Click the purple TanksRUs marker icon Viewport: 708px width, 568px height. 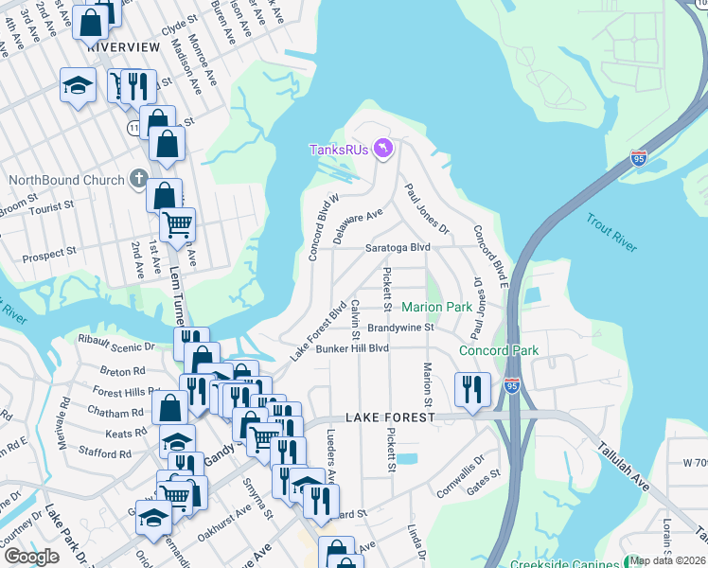coord(383,150)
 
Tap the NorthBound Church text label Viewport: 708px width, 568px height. coord(66,180)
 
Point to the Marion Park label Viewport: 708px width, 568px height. coord(436,307)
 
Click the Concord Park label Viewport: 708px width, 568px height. coord(498,350)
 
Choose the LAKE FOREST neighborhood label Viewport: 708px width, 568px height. coord(389,417)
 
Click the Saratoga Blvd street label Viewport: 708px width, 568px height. coord(398,248)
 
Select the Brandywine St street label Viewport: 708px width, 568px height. coord(400,328)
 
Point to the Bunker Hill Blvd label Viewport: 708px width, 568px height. coord(352,348)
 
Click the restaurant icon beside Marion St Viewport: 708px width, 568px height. coord(470,387)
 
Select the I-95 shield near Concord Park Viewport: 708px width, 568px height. coord(512,386)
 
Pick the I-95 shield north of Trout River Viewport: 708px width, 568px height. coord(639,158)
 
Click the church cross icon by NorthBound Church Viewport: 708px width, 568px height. coord(138,179)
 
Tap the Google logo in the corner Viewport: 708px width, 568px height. coord(31,557)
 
